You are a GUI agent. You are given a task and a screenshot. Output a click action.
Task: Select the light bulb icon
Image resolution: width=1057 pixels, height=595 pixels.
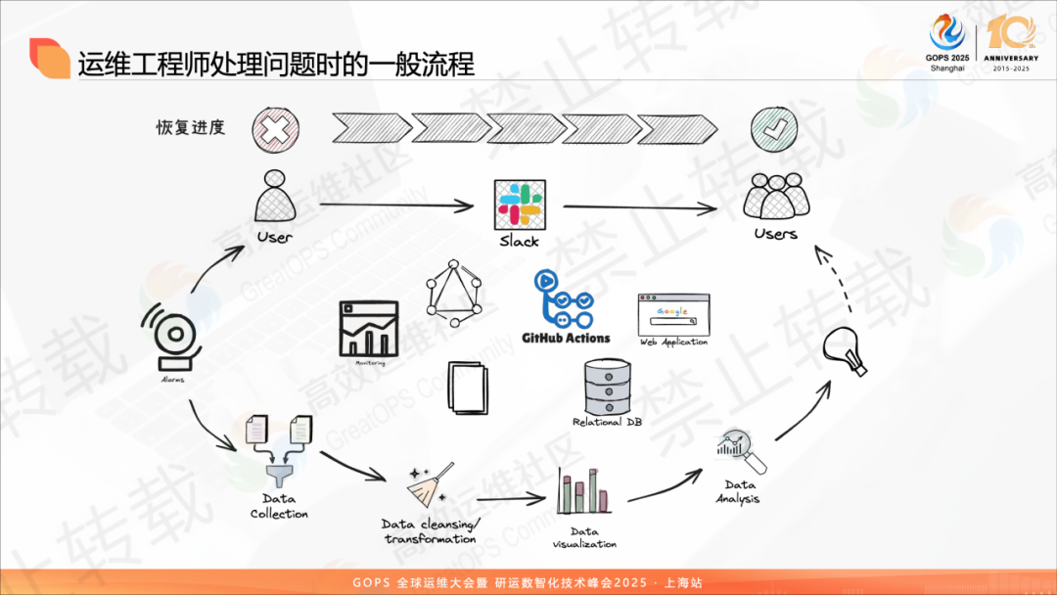[x=845, y=351]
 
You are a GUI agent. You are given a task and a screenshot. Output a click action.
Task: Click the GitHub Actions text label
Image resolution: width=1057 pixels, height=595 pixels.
[x=566, y=338]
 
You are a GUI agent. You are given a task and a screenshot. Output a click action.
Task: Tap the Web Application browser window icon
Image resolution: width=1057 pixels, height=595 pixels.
[x=673, y=314]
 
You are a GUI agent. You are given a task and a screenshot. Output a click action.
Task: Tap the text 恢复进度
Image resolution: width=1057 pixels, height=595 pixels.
[x=191, y=127]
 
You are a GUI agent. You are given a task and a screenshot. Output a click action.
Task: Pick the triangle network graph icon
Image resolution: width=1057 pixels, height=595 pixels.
[x=455, y=293]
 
